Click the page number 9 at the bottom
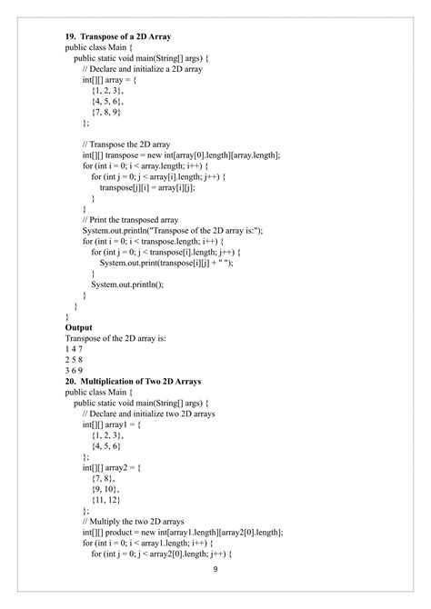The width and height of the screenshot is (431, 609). point(215,569)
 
